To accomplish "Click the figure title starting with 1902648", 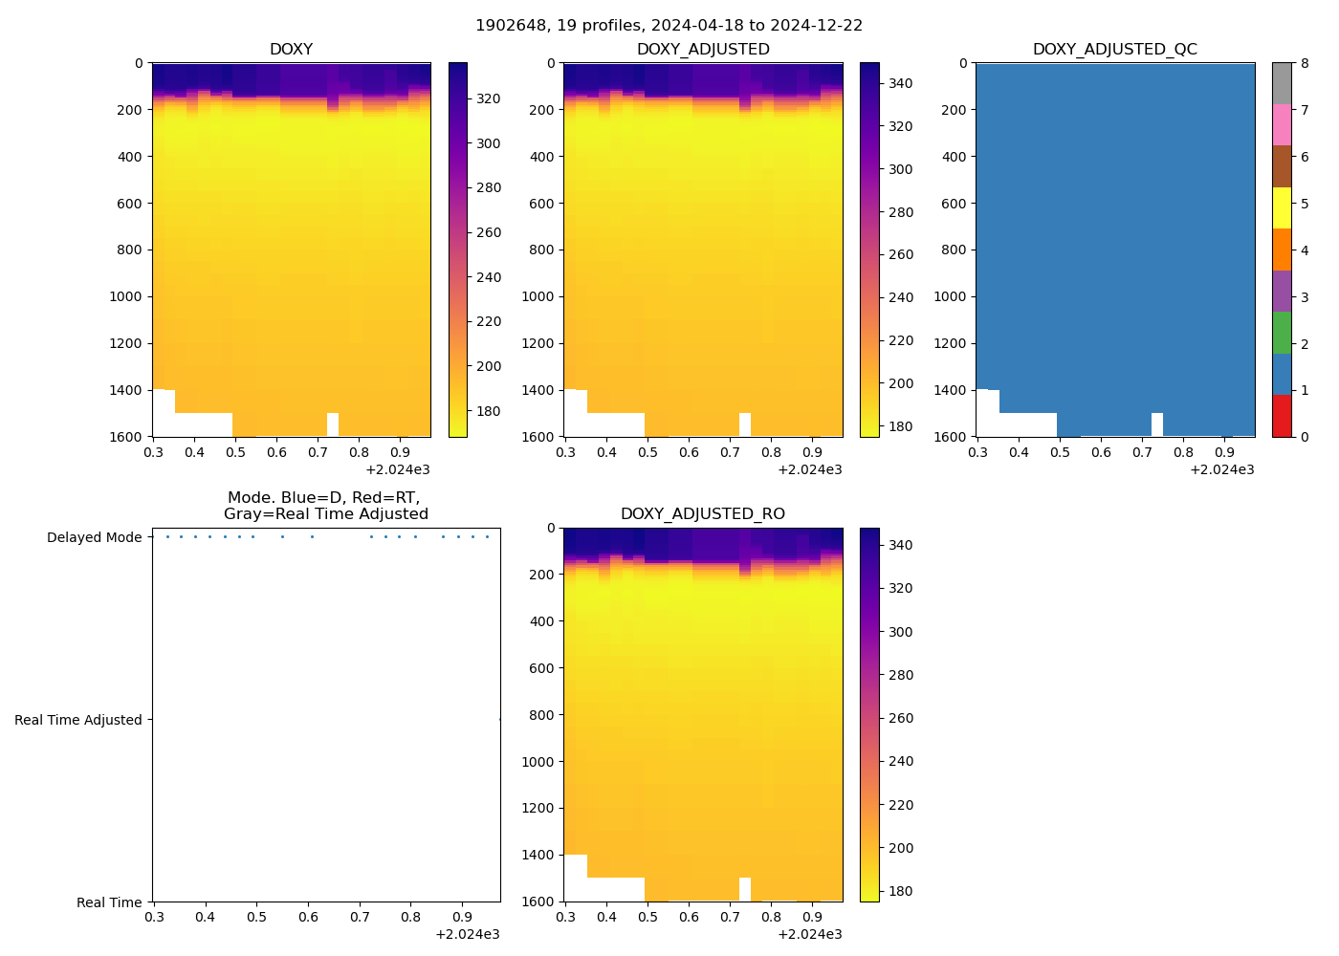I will pos(669,26).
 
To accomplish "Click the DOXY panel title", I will pos(291,50).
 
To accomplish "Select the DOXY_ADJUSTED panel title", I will pos(703,50).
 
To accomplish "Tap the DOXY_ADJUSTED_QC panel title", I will pos(1114,50).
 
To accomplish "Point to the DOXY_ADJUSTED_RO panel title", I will pos(703,514).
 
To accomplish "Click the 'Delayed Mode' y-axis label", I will pos(94,537).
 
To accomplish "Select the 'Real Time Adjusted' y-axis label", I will pos(77,720).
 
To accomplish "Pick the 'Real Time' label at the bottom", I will pos(109,902).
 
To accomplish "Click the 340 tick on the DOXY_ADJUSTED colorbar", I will pos(900,83).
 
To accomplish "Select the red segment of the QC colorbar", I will pos(1282,416).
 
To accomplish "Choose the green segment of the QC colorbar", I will pos(1282,333).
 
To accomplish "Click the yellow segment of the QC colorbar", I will pos(1282,208).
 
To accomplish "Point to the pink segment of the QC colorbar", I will pos(1282,125).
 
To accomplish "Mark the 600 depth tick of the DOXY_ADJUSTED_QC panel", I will pos(954,204).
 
